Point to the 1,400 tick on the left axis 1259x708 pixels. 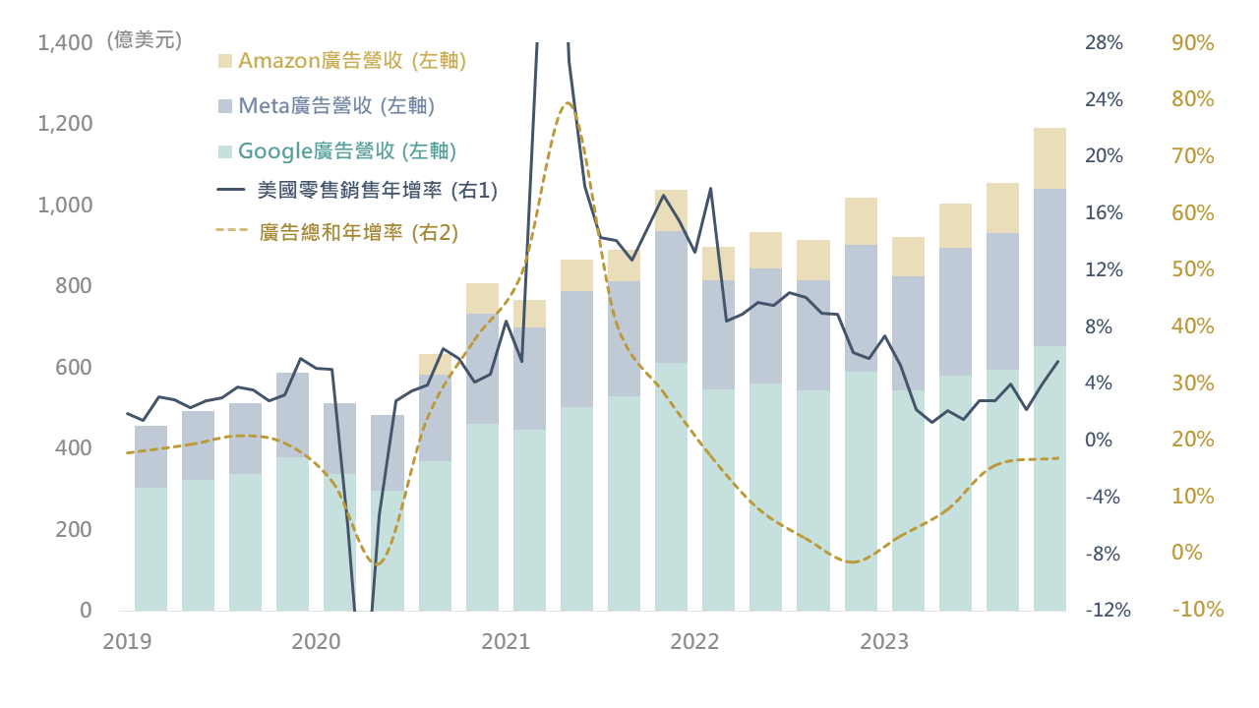[x=64, y=43]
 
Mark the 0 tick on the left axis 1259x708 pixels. [x=86, y=611]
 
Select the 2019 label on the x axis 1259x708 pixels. [x=127, y=642]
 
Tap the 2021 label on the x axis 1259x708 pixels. [x=506, y=642]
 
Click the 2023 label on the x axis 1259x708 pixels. [x=884, y=642]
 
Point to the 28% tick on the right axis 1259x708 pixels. [x=1104, y=43]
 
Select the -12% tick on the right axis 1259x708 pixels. [x=1108, y=611]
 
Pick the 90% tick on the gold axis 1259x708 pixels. [x=1193, y=43]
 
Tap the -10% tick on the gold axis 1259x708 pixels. [x=1197, y=611]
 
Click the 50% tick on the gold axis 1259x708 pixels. [x=1193, y=270]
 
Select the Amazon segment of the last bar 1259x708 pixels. [x=1049, y=158]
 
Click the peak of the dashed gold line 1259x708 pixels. [x=568, y=103]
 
